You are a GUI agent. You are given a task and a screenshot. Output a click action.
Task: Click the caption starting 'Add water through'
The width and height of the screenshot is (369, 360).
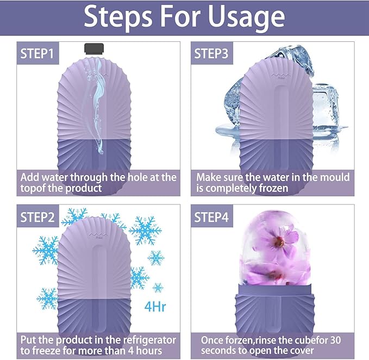coord(97,183)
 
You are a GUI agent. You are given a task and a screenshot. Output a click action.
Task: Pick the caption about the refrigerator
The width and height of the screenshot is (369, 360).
coord(97,345)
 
